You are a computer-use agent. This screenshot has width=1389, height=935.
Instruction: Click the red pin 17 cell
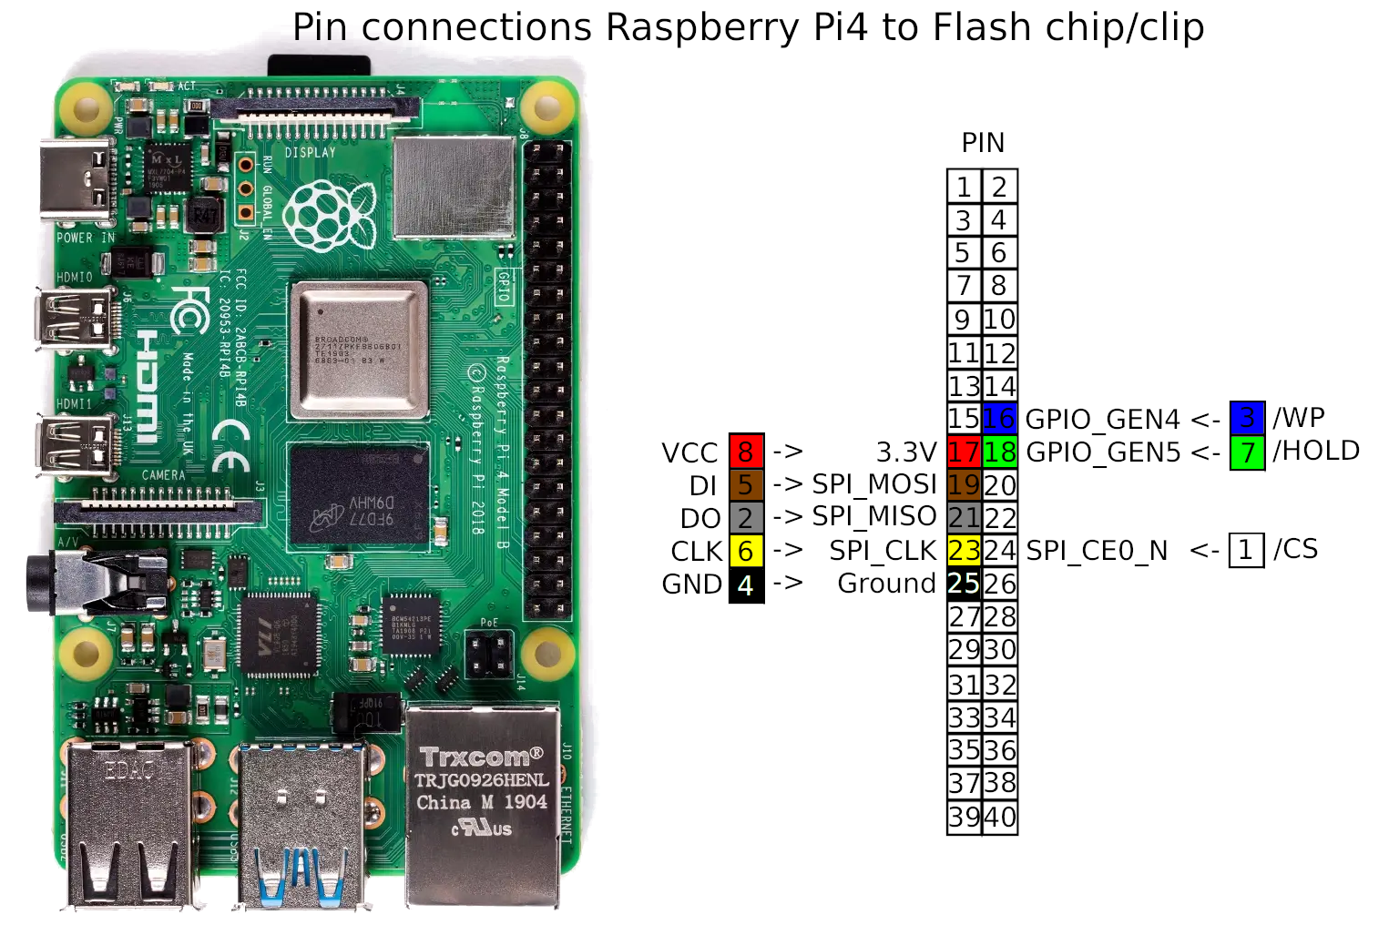[964, 452]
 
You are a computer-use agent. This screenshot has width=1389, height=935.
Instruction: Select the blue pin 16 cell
[999, 418]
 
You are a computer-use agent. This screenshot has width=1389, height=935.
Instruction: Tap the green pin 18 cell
[999, 452]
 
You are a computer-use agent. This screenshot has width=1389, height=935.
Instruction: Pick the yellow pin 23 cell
[964, 551]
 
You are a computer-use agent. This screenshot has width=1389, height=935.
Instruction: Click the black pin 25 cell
[964, 584]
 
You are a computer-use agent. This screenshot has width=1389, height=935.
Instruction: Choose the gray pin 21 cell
[964, 518]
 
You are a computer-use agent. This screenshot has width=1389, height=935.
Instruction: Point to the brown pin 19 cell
[964, 484]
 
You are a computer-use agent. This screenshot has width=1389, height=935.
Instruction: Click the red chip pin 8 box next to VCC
[746, 452]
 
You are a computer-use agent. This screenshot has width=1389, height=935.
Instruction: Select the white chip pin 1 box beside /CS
[1246, 550]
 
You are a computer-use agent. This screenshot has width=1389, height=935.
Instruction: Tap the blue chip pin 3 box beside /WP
[1247, 418]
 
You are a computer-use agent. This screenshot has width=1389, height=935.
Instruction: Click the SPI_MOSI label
[874, 484]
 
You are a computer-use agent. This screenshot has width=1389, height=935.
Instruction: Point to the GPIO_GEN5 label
[1103, 452]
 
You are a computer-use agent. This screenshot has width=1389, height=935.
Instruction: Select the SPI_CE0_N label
[1097, 551]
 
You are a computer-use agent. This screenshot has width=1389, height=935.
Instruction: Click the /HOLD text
[1316, 451]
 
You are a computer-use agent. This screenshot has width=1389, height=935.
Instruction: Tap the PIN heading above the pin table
[983, 143]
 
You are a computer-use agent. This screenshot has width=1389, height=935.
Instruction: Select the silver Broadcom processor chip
[359, 350]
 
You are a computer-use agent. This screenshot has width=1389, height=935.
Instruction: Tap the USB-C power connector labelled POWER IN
[77, 182]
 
